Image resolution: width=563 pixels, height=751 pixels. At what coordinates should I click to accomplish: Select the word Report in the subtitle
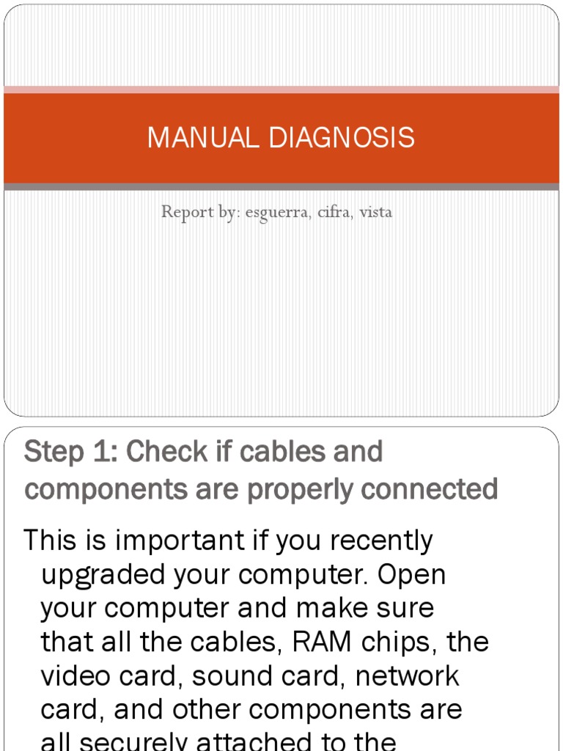point(183,213)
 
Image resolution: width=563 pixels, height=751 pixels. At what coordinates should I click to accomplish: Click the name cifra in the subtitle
point(334,213)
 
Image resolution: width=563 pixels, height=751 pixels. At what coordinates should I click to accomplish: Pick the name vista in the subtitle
point(375,213)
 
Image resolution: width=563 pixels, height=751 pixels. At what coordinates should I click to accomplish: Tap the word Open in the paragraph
point(413,575)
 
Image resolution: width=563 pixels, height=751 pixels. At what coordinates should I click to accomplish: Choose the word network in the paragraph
point(407,676)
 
